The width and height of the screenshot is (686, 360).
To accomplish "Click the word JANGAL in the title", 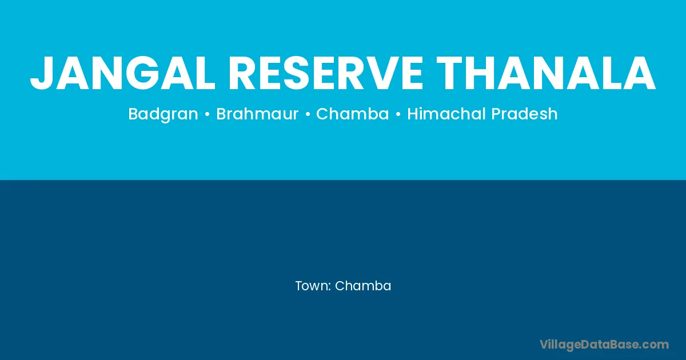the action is [123, 74].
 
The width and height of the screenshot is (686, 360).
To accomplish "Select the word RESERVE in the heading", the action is [325, 74].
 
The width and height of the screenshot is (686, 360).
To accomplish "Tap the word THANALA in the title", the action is [546, 74].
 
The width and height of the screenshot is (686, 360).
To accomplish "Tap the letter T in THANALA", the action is [451, 74].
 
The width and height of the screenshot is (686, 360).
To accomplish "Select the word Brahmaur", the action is [257, 114].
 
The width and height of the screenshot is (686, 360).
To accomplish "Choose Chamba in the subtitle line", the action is [353, 114].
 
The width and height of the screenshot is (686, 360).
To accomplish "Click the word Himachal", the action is [447, 114].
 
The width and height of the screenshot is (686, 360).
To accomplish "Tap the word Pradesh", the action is [525, 114].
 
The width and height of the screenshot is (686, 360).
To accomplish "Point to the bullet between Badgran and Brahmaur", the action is [208, 114].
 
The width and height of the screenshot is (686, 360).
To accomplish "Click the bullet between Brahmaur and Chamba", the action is [308, 114].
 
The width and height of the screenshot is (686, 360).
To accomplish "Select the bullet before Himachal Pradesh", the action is [398, 114].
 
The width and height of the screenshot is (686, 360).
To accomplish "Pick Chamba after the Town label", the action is [363, 286].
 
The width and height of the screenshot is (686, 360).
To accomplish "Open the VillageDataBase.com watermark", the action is [604, 345].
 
